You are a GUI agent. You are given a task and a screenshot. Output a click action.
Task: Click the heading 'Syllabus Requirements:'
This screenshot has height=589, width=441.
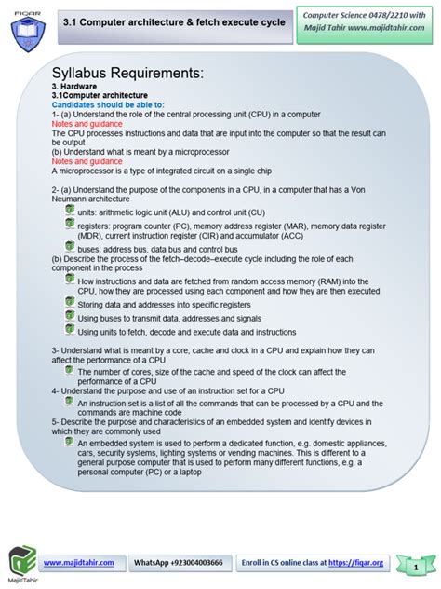(127, 74)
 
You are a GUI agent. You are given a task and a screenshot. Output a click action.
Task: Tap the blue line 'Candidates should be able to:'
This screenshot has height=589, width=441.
(108, 104)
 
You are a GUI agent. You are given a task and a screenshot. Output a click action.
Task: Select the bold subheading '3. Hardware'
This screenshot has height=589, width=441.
(73, 87)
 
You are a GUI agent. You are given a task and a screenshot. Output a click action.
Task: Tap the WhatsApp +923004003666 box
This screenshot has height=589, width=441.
(179, 564)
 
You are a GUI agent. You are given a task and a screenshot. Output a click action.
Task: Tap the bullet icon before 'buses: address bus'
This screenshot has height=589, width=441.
(70, 247)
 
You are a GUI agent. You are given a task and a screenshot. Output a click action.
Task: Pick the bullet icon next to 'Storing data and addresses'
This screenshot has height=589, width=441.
(70, 301)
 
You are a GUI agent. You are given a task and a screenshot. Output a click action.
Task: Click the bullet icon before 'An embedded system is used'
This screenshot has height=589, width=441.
(70, 442)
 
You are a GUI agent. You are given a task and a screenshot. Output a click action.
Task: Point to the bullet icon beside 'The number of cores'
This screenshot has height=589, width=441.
(70, 370)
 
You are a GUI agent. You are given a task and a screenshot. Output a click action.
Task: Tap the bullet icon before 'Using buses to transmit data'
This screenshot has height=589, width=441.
(70, 315)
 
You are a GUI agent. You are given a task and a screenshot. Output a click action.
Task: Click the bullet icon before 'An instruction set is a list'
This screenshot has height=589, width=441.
(70, 401)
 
